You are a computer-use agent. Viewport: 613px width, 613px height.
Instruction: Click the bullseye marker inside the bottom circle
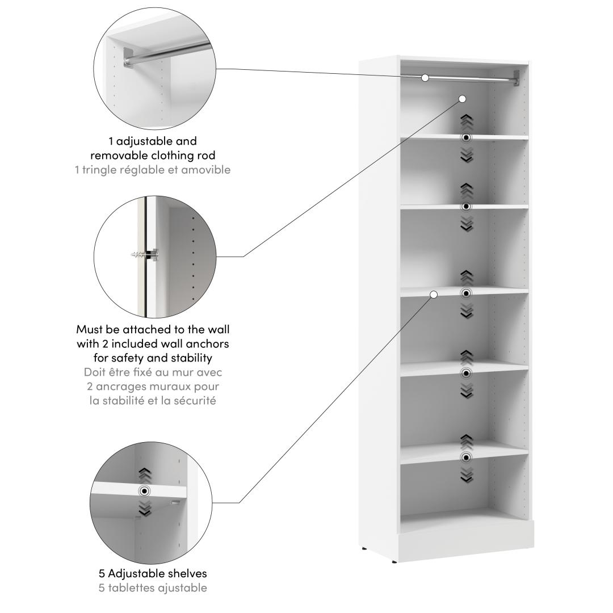(x=145, y=490)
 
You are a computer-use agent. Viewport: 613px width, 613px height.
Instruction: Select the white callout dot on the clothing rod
(x=425, y=78)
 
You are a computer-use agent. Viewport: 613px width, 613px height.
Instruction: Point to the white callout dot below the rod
(x=463, y=99)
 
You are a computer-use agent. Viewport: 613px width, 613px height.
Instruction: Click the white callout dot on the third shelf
(x=434, y=295)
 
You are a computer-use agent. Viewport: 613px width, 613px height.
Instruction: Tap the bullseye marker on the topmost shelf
(x=466, y=137)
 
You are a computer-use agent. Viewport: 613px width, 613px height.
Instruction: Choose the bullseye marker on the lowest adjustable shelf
(x=466, y=457)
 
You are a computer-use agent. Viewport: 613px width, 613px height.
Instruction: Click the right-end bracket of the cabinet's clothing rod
(x=517, y=78)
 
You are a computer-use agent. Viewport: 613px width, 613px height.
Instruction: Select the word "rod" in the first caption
(x=206, y=156)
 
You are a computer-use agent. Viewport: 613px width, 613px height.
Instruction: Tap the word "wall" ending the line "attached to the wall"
(x=219, y=330)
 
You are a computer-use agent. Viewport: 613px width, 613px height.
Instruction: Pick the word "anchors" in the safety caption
(x=207, y=344)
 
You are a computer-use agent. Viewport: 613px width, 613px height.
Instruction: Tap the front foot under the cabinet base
(x=394, y=562)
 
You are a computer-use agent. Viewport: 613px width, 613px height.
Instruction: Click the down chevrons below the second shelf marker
(x=467, y=224)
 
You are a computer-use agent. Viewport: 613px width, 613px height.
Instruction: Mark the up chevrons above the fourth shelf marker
(x=467, y=358)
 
